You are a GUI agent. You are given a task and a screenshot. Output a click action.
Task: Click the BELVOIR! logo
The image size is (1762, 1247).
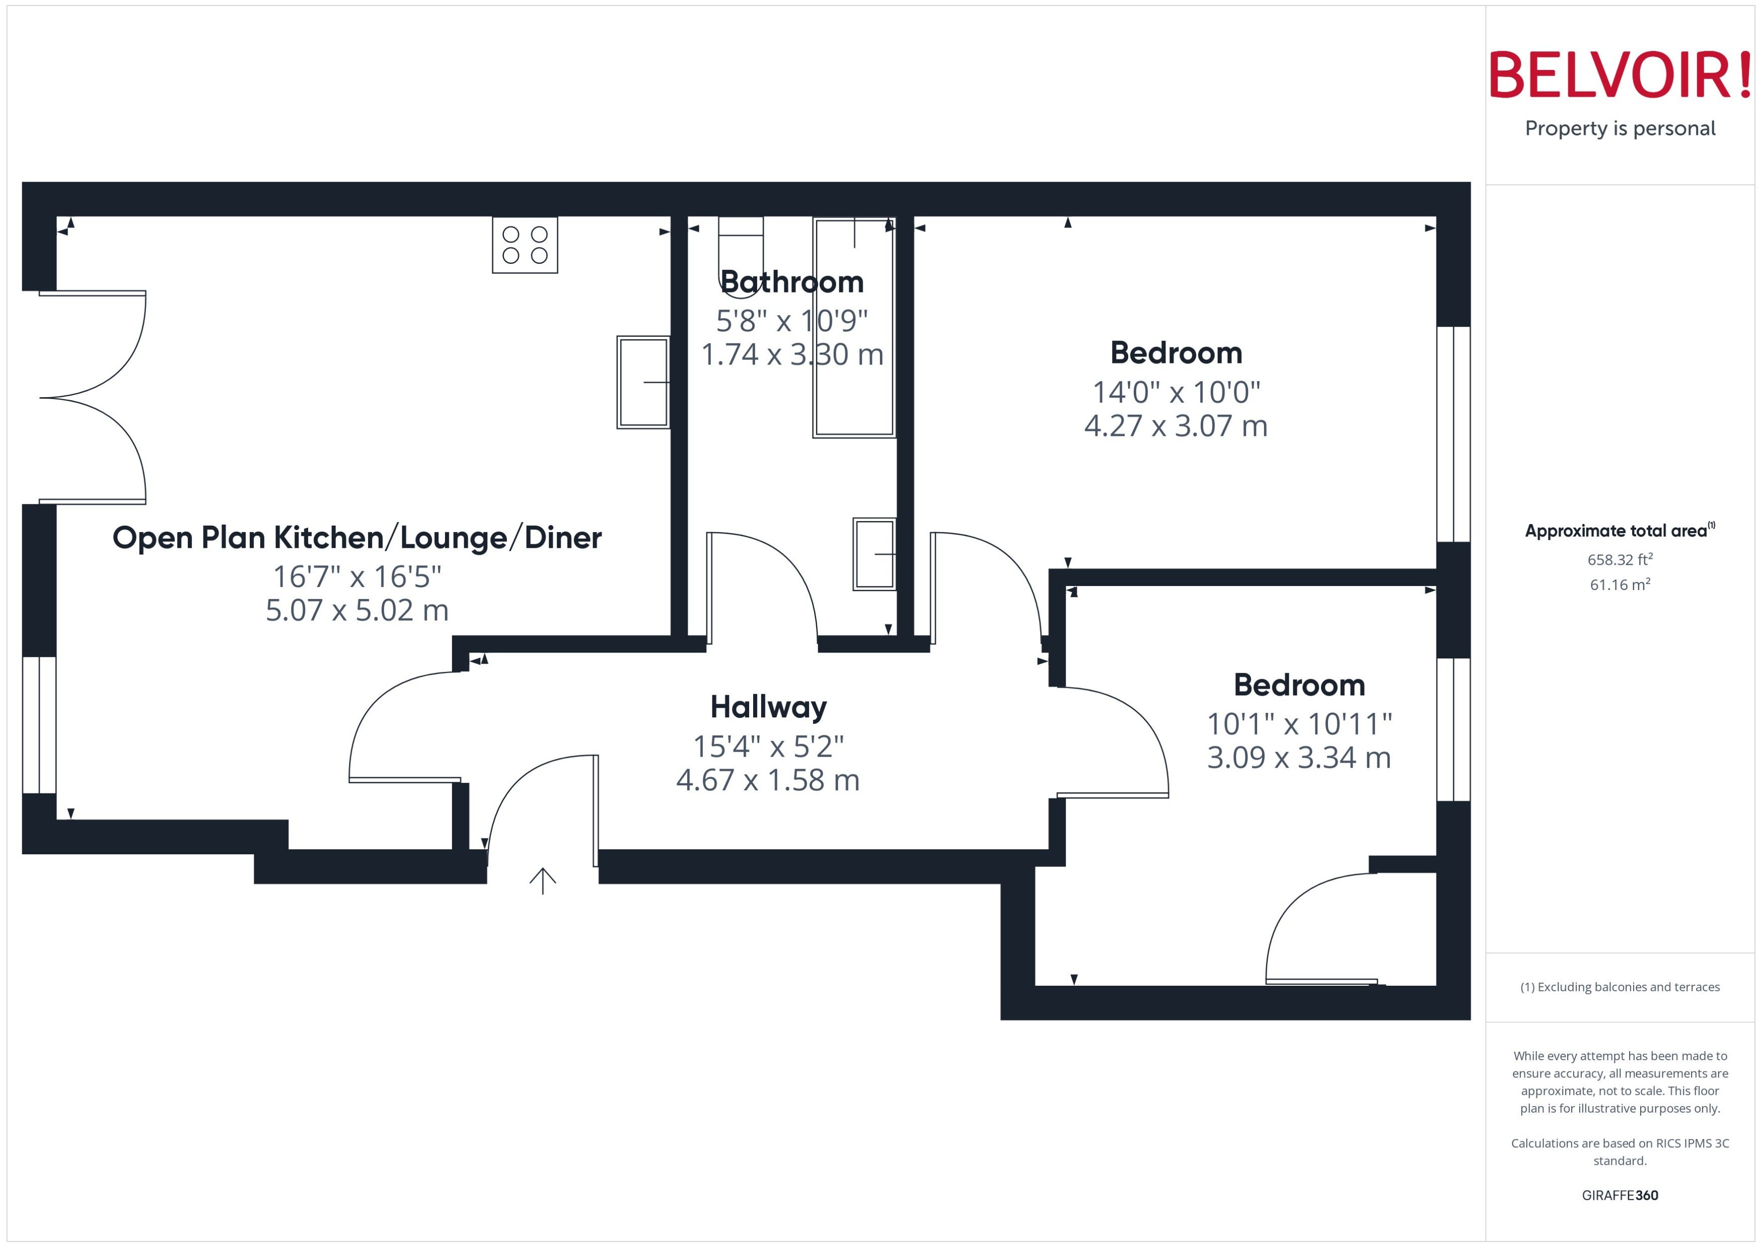pyautogui.click(x=1620, y=75)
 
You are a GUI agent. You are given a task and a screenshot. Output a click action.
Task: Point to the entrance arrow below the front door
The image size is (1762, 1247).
pyautogui.click(x=543, y=881)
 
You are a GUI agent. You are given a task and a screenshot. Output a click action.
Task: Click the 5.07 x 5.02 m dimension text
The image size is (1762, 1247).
pyautogui.click(x=357, y=611)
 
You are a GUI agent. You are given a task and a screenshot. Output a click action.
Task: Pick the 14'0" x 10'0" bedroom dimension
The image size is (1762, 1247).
pyautogui.click(x=1176, y=392)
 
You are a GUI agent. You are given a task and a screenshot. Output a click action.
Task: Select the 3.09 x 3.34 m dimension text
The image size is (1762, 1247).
pyautogui.click(x=1299, y=758)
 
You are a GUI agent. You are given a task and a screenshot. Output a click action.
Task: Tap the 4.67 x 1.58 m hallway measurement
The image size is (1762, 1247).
pyautogui.click(x=768, y=780)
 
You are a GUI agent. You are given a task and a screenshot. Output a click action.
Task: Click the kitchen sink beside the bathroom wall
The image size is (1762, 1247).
pyautogui.click(x=643, y=382)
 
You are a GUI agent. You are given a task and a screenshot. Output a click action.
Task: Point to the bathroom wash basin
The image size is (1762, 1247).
pyautogui.click(x=874, y=554)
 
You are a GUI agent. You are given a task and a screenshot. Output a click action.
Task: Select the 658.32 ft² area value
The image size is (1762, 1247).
pyautogui.click(x=1620, y=560)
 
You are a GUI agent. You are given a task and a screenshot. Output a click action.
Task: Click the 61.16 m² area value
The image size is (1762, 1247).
pyautogui.click(x=1620, y=584)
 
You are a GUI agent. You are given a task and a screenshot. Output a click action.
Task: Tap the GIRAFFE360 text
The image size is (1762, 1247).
pyautogui.click(x=1620, y=1196)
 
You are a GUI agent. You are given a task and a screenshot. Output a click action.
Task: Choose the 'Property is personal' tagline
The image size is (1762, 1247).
pyautogui.click(x=1620, y=128)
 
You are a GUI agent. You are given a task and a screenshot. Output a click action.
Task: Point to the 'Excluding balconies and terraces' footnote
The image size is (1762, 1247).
pyautogui.click(x=1620, y=987)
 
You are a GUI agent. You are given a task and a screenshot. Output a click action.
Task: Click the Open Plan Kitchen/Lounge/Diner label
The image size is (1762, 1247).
pyautogui.click(x=357, y=538)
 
